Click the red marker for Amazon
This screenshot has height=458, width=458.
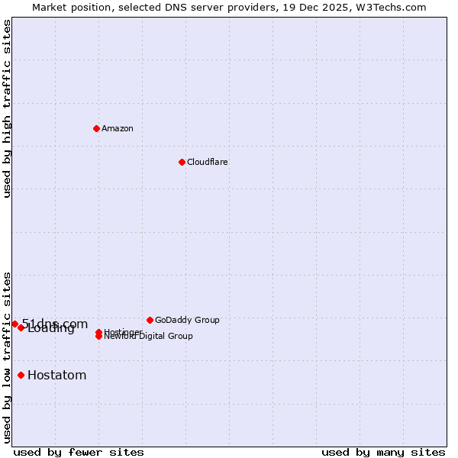point(96,128)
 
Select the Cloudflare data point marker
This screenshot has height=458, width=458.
point(182,162)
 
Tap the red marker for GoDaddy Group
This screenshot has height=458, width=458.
point(150,320)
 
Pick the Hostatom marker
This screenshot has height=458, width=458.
point(21,375)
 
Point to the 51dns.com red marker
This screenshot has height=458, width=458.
point(15,324)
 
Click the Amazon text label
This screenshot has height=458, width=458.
point(118,128)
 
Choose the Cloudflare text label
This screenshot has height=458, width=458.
point(208,162)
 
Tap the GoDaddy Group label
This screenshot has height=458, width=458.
point(187,320)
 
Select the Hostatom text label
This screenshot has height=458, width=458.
point(56,375)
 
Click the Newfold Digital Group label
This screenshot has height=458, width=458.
point(149,336)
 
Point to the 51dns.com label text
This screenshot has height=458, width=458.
point(55,324)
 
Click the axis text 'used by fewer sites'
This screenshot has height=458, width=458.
point(79,452)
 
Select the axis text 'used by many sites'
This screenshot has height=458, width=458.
point(383,452)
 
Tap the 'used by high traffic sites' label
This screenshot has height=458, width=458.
point(7,108)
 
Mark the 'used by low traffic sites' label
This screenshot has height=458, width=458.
point(7,357)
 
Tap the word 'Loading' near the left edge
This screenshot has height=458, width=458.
point(50,329)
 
